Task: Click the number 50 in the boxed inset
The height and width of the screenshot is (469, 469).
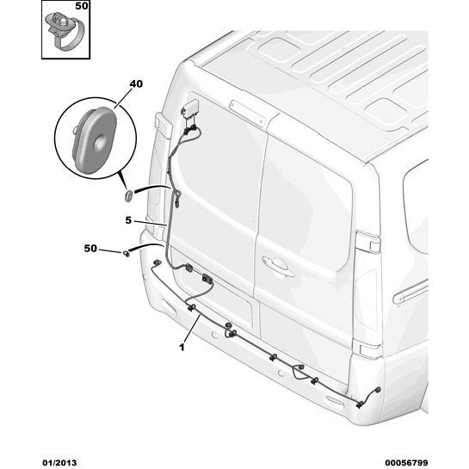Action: click(x=82, y=6)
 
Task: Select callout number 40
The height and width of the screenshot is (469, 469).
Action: click(x=136, y=84)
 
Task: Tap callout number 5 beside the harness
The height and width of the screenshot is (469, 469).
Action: click(x=128, y=220)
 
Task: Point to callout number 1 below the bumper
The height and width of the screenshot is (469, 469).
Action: click(x=182, y=348)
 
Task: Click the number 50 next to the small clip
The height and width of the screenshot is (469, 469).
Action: click(x=90, y=248)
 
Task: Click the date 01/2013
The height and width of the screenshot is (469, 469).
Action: click(x=59, y=463)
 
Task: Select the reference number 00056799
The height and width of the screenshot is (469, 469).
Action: click(x=406, y=463)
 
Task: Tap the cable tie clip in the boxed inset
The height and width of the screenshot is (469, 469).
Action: click(x=65, y=30)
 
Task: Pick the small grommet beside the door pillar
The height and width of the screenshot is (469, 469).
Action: click(x=129, y=195)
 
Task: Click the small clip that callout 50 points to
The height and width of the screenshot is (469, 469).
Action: click(x=127, y=254)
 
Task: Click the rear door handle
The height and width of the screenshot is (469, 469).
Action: click(x=277, y=265)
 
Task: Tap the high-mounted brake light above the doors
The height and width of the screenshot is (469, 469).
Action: click(x=247, y=113)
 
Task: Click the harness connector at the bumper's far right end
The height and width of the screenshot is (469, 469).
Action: click(x=378, y=390)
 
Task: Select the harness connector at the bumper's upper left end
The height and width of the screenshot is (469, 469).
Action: click(x=157, y=263)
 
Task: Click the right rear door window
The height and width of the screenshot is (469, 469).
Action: click(x=305, y=203)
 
